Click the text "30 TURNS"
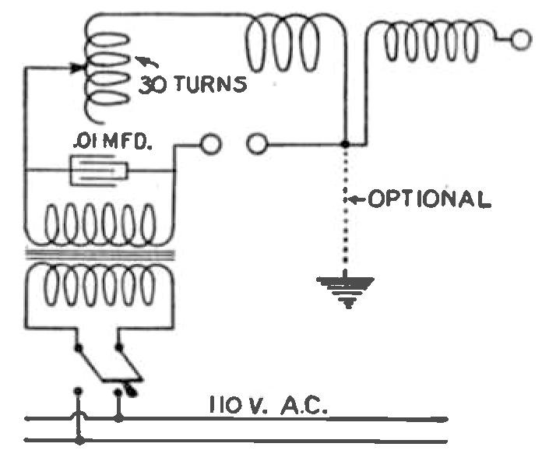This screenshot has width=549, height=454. click(x=192, y=83)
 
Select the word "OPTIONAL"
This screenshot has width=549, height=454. click(x=429, y=199)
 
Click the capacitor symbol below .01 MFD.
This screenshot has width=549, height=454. click(x=100, y=170)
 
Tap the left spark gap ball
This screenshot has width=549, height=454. click(x=209, y=144)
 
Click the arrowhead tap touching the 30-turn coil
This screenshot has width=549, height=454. click(x=79, y=68)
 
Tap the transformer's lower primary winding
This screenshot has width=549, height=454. click(x=97, y=285)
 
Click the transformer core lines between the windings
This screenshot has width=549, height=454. click(x=97, y=255)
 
